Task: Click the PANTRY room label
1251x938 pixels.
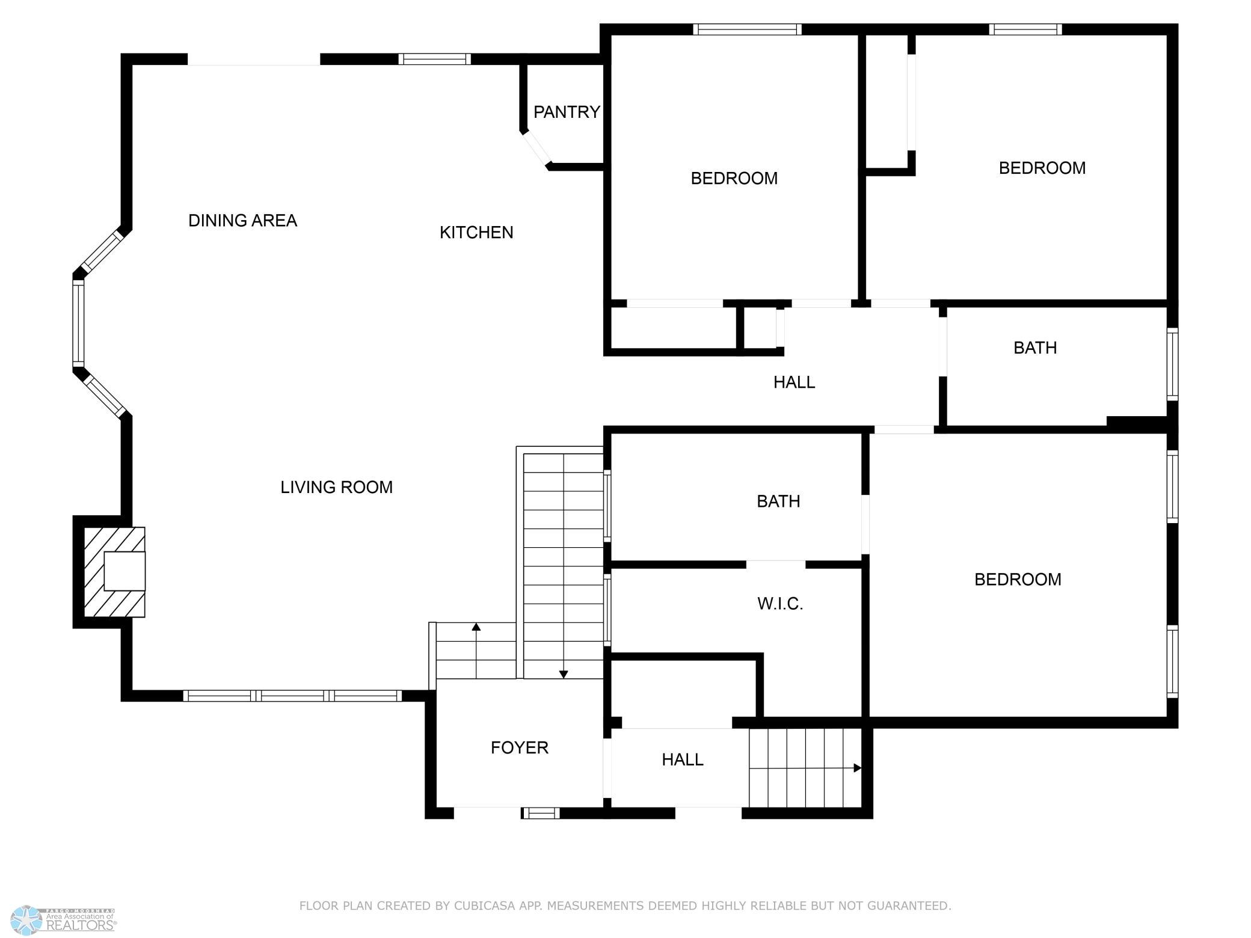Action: pos(567,112)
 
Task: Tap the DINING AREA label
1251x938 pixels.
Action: pos(242,221)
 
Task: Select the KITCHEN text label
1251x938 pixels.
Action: pos(476,233)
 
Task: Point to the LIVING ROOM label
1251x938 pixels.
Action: pos(336,487)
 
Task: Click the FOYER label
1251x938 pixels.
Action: pos(520,747)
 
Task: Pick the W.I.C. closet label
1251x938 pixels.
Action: pos(780,604)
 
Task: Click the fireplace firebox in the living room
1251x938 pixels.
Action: pos(124,571)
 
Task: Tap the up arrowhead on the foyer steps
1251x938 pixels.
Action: pos(476,627)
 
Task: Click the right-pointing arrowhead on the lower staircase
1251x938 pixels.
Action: pos(858,768)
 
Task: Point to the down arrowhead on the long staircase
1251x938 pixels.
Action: pos(564,675)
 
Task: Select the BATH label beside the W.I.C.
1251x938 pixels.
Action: pos(778,501)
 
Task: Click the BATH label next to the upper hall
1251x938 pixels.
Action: pos(1035,348)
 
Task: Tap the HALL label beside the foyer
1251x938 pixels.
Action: pos(683,759)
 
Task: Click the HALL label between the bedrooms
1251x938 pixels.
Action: pos(794,382)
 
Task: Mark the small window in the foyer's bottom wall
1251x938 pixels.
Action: pos(540,814)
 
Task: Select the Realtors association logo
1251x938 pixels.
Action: pos(63,920)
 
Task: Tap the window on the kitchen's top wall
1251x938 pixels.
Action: pos(434,59)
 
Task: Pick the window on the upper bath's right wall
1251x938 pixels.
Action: pos(1173,364)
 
